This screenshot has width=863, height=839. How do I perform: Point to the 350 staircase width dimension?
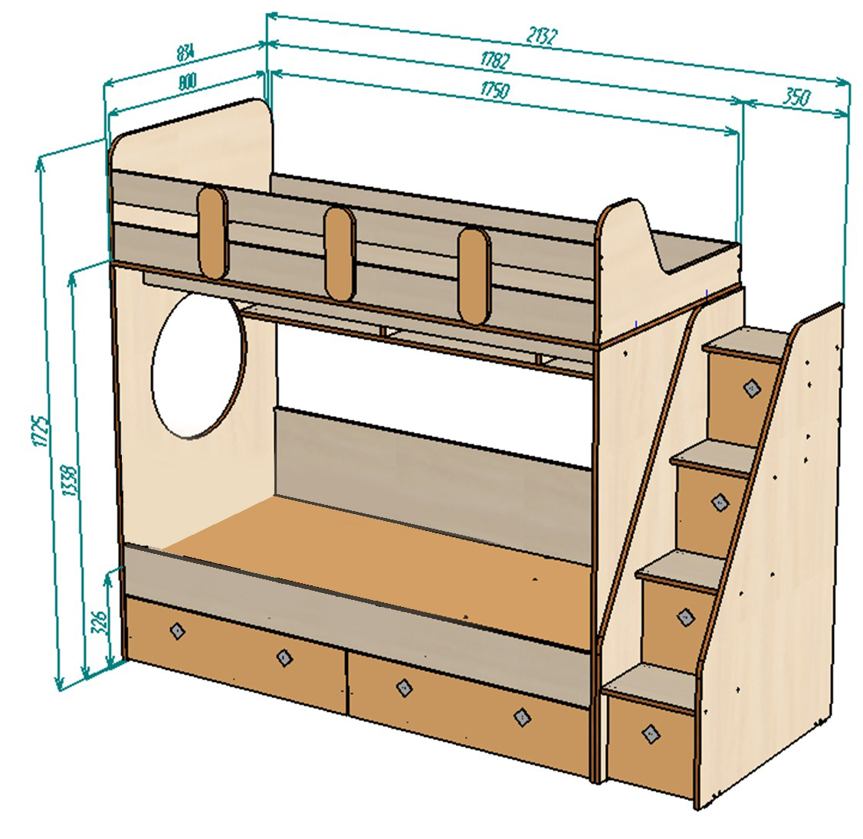pos(797,97)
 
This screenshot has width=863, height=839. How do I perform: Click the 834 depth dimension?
pos(185,54)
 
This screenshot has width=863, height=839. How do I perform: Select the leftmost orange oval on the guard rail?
pos(212,231)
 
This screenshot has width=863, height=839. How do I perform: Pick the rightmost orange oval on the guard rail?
pos(474,276)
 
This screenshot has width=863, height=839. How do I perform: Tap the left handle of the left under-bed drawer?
pos(177,630)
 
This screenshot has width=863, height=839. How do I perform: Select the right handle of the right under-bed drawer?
pos(522,716)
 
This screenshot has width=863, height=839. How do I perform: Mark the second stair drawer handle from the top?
pos(720,502)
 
